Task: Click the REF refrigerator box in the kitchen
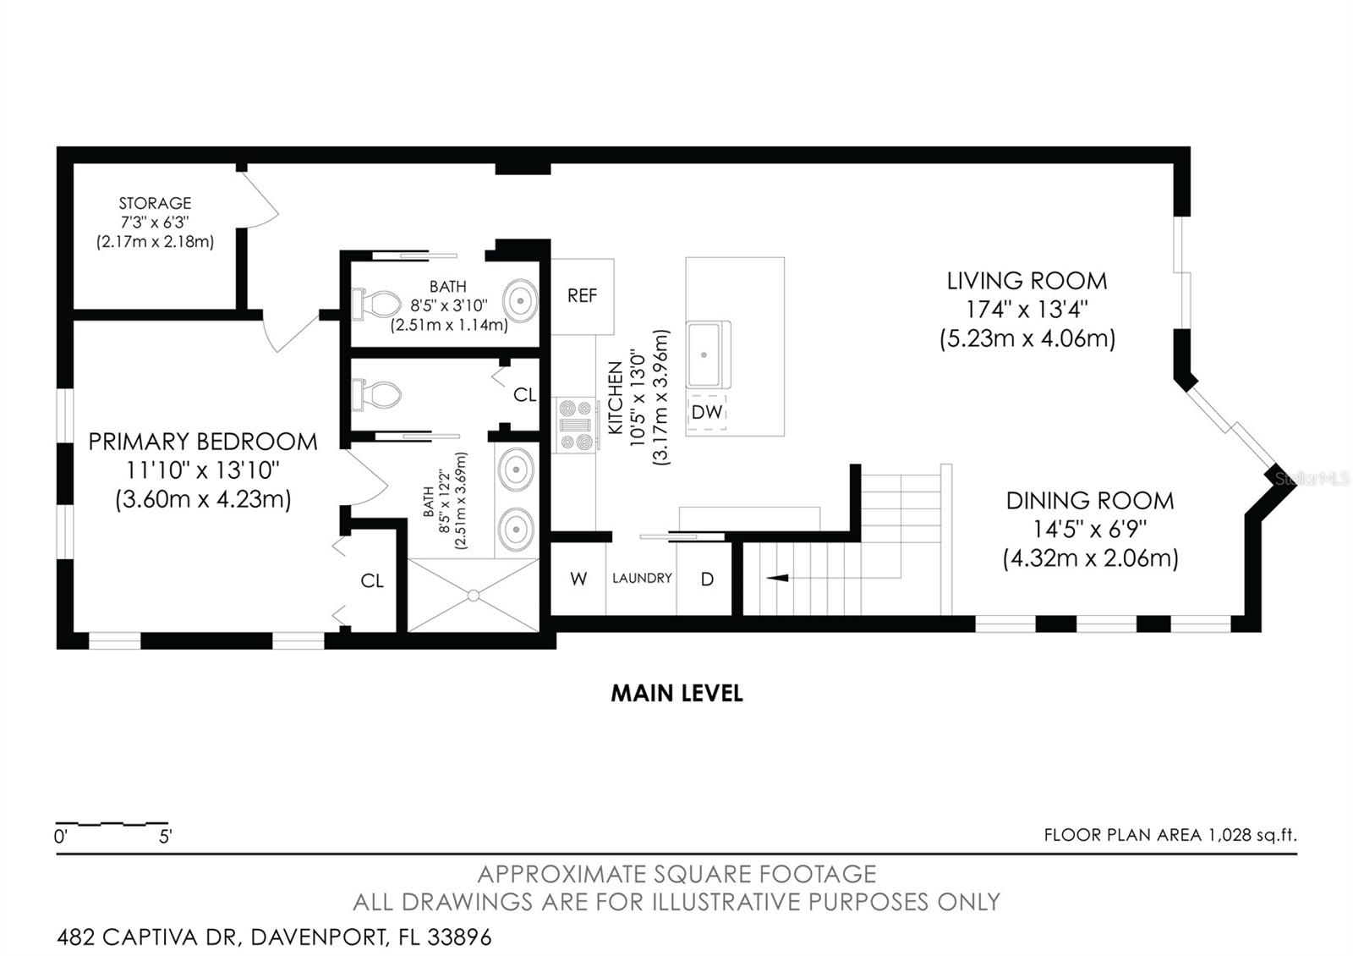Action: [x=582, y=296]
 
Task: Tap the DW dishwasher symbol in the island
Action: [x=706, y=412]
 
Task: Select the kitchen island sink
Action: [x=708, y=354]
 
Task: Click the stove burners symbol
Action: [x=576, y=425]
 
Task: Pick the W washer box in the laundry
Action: [x=578, y=580]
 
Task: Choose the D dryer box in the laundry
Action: [x=707, y=580]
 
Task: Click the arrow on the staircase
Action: [x=777, y=578]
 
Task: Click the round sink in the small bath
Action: [x=519, y=300]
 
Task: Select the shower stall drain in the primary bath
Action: [x=474, y=595]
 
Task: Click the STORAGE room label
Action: [x=155, y=203]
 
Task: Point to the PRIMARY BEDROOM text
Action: [x=203, y=442]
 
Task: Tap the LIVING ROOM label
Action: [x=1027, y=281]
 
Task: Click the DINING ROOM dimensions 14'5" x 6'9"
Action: [x=1089, y=530]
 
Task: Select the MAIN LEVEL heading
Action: [x=676, y=694]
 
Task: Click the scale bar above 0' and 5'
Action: [x=112, y=823]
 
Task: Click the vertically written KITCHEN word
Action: [x=615, y=398]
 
